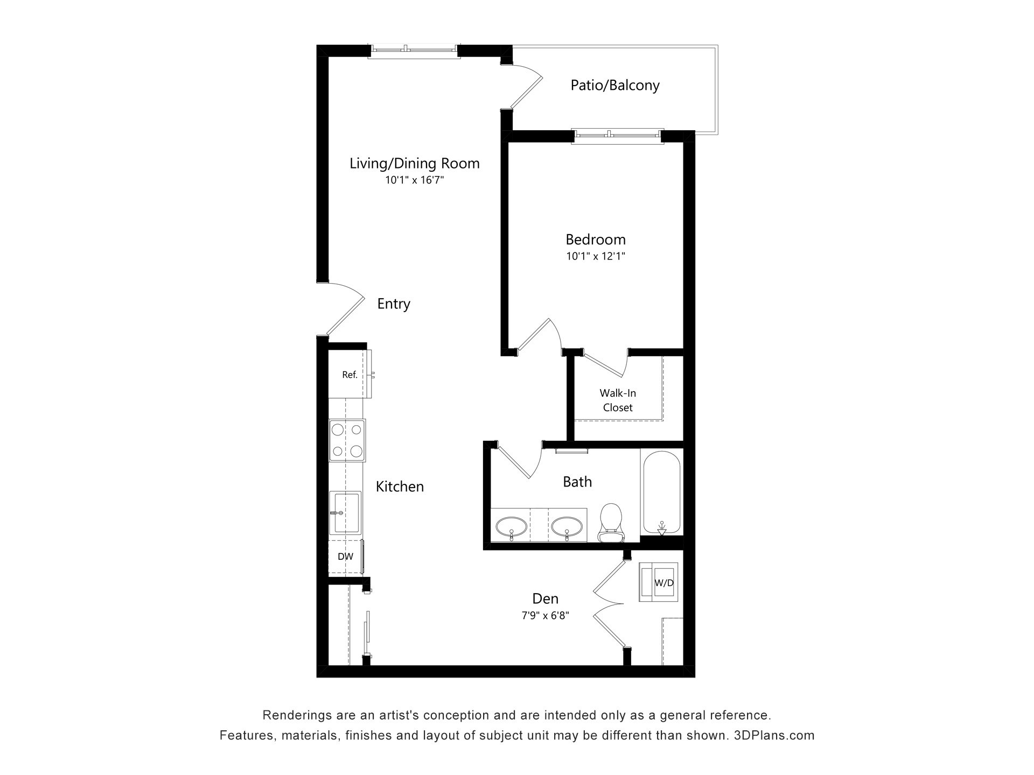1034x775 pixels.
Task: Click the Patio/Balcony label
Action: click(615, 86)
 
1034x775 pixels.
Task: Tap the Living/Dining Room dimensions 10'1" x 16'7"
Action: click(414, 180)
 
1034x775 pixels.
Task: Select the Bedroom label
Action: click(596, 239)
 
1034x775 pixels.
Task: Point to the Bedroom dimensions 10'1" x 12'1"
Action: click(596, 257)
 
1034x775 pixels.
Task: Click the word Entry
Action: click(394, 304)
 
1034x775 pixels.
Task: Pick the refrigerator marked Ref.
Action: click(350, 375)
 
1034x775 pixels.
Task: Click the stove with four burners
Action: click(347, 440)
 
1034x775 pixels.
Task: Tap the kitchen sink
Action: click(345, 512)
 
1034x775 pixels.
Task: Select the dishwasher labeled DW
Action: click(346, 557)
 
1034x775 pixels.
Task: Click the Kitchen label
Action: click(400, 487)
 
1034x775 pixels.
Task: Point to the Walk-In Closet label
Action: click(618, 400)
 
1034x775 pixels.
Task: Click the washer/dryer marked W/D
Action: click(658, 582)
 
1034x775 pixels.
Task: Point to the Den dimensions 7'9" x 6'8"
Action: click(546, 616)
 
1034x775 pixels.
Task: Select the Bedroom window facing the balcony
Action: click(618, 137)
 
